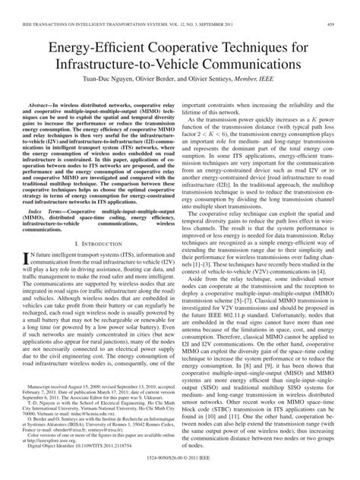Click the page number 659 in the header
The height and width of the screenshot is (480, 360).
point(340,7)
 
